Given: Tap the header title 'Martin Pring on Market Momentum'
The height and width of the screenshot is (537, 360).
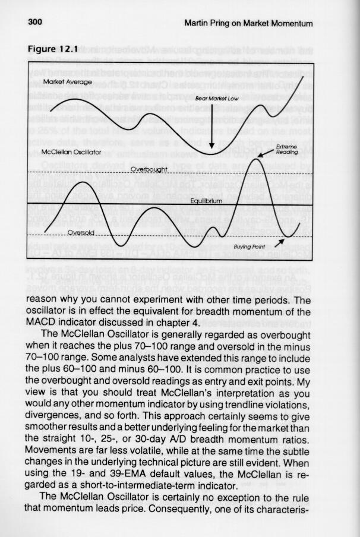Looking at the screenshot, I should point(248,23).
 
